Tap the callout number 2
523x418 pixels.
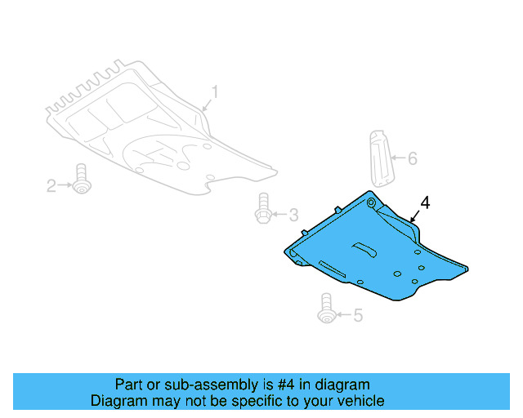tap(51, 187)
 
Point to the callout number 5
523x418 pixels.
tap(357, 314)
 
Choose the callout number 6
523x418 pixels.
tap(412, 158)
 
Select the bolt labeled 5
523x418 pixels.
tap(326, 307)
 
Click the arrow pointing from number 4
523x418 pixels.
tap(414, 216)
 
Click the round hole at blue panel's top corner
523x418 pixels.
tap(372, 202)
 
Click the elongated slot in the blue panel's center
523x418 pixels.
tap(364, 247)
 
